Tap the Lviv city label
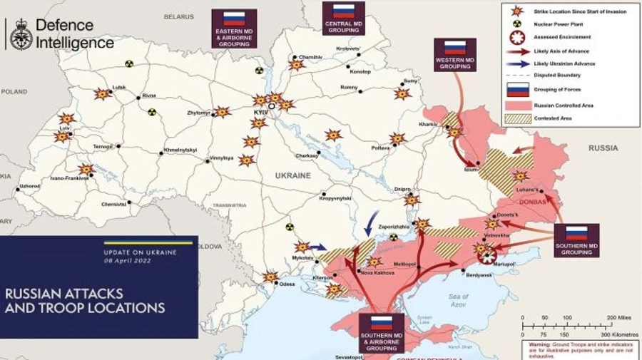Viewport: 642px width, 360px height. click(x=65, y=128)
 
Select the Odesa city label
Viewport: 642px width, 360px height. click(x=287, y=284)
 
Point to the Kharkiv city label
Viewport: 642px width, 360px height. click(x=427, y=124)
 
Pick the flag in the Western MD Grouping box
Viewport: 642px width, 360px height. click(x=455, y=48)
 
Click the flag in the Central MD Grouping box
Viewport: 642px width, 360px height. click(x=344, y=11)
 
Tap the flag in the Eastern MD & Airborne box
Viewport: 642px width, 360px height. click(x=234, y=19)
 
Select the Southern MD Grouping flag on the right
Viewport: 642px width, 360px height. click(x=576, y=233)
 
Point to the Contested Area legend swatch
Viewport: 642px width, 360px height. click(x=517, y=118)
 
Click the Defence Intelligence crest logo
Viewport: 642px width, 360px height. click(x=19, y=34)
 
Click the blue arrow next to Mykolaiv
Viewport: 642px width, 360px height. click(x=317, y=247)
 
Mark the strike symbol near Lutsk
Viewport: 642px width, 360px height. click(x=102, y=94)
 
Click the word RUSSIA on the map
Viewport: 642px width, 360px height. click(x=603, y=148)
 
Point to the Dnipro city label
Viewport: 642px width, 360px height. click(x=402, y=189)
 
